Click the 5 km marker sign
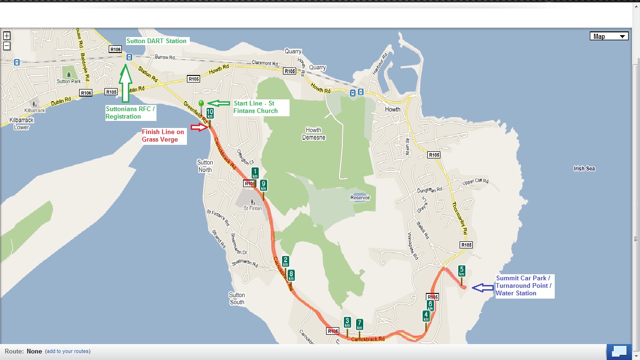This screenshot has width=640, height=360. coord(461,271)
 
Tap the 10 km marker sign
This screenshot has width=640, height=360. coord(210,113)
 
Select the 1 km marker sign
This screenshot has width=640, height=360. coord(255,173)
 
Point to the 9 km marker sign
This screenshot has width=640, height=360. coord(263,185)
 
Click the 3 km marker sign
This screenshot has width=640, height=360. coord(347,322)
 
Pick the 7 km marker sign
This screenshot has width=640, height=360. coord(359,324)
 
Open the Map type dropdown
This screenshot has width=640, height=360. coord(609,37)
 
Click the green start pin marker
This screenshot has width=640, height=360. coord(201,104)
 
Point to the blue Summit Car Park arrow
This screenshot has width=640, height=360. coord(483,288)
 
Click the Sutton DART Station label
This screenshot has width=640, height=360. coord(156,41)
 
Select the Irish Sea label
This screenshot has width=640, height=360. coord(584,168)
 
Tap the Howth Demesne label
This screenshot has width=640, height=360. coord(313,134)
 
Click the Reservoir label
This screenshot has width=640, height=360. coord(360,198)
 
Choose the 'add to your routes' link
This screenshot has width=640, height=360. coord(68,351)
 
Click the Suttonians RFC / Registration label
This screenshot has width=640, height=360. coord(130,112)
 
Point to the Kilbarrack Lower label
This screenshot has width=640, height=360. coord(22,124)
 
